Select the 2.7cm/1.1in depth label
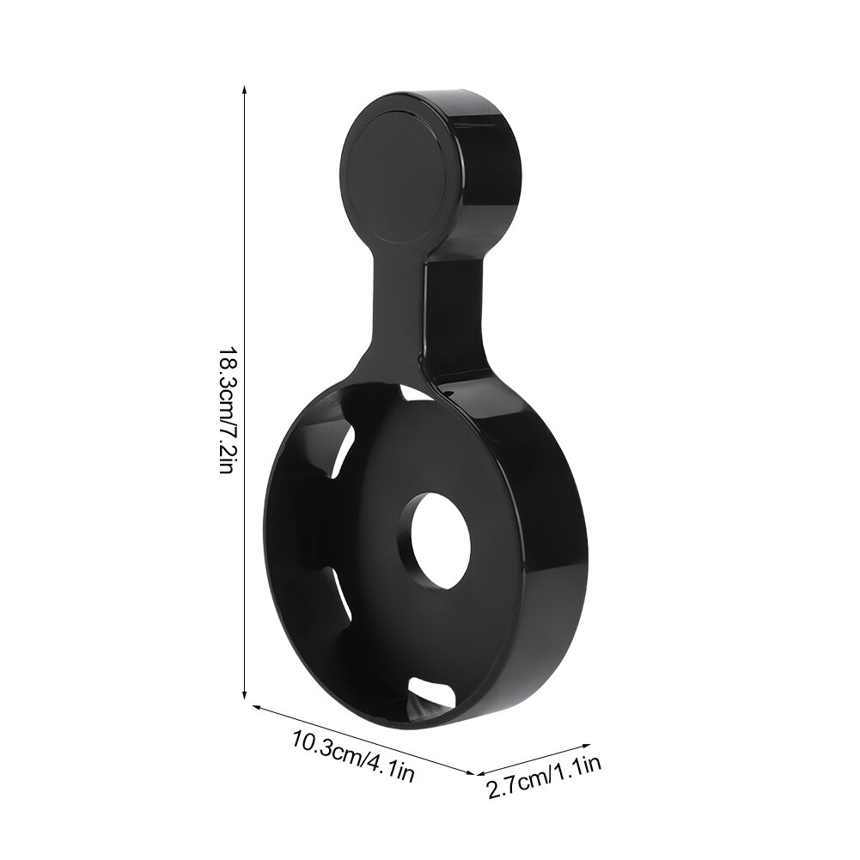coord(544,778)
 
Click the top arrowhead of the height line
coord(245,89)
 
